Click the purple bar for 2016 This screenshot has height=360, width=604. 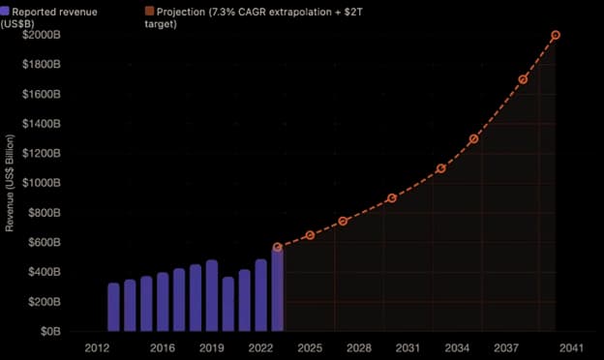tap(163, 302)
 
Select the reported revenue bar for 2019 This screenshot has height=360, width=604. tap(212, 295)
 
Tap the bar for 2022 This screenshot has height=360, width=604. tap(260, 295)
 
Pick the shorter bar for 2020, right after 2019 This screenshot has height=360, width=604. tap(228, 304)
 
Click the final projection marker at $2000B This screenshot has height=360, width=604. tap(556, 35)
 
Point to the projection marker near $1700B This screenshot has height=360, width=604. tap(523, 79)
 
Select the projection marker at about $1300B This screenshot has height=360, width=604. tap(473, 138)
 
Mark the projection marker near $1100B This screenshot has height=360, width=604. tap(441, 168)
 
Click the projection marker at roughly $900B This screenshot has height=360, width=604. tap(392, 198)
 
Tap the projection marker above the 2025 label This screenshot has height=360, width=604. tap(310, 235)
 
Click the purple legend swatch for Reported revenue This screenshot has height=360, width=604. tap(4, 11)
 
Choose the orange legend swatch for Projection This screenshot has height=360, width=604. tap(149, 11)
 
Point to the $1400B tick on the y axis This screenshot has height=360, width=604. tap(42, 124)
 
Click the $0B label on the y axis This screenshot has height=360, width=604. tap(50, 331)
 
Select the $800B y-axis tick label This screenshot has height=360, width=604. tap(45, 213)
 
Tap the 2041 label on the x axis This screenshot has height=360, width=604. tap(572, 348)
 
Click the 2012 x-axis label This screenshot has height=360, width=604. tap(97, 348)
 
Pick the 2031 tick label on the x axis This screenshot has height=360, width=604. tap(408, 348)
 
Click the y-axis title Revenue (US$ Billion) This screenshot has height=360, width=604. tap(10, 183)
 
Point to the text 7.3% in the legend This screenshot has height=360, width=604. tap(223, 12)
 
